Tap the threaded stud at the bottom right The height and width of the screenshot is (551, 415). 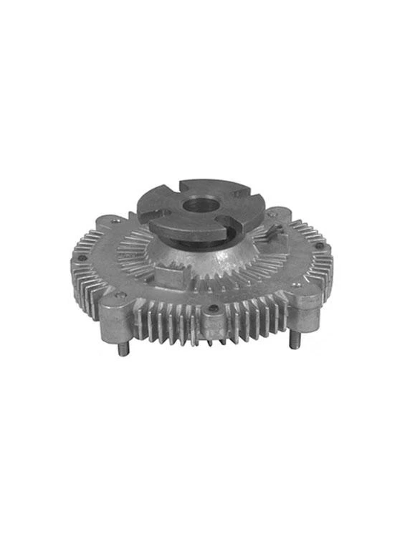tap(294, 336)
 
